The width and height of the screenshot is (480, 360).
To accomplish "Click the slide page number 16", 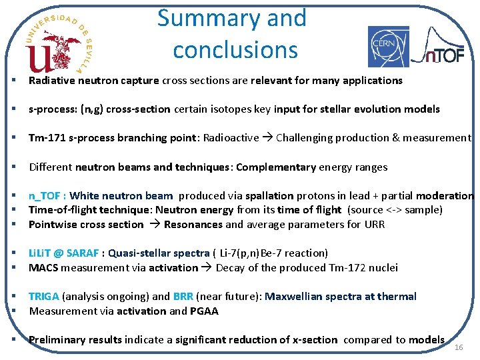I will tap(458, 348).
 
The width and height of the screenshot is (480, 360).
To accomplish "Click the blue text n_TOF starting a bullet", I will tap(46, 196).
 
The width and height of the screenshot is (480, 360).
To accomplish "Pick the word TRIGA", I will tap(43, 297).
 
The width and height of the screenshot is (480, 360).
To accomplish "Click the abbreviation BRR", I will tap(183, 297).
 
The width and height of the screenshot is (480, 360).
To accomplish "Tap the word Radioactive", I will tap(231, 138).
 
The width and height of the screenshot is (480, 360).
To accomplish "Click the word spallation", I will tap(269, 196).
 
